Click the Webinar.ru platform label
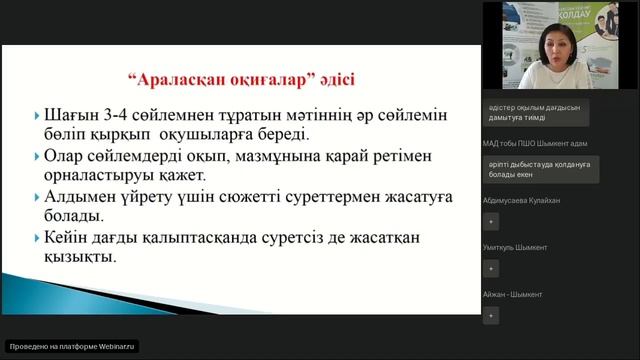(72, 346)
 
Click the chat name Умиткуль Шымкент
(517, 247)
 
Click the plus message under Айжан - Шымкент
(490, 315)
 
